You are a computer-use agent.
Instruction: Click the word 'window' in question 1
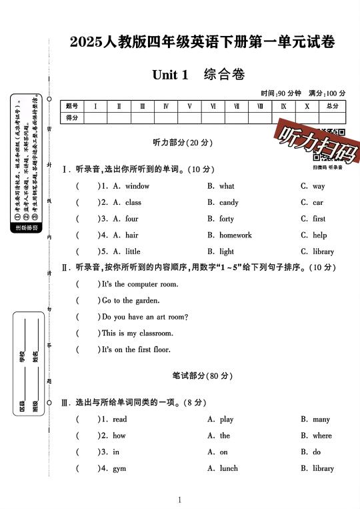(x=137, y=186)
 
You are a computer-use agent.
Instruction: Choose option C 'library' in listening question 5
(x=323, y=251)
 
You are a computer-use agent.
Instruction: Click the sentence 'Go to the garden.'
(x=131, y=300)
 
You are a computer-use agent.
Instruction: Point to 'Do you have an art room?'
(x=145, y=317)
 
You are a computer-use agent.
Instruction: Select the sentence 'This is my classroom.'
(x=137, y=333)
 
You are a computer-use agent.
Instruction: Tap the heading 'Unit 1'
(x=170, y=75)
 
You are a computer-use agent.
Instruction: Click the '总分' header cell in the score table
(x=331, y=106)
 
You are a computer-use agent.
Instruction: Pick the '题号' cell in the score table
(x=73, y=106)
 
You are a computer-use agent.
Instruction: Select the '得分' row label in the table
(x=73, y=117)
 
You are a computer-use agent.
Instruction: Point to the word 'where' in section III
(x=322, y=436)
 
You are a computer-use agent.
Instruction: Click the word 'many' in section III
(x=321, y=420)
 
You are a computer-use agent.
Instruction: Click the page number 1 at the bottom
(x=180, y=500)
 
